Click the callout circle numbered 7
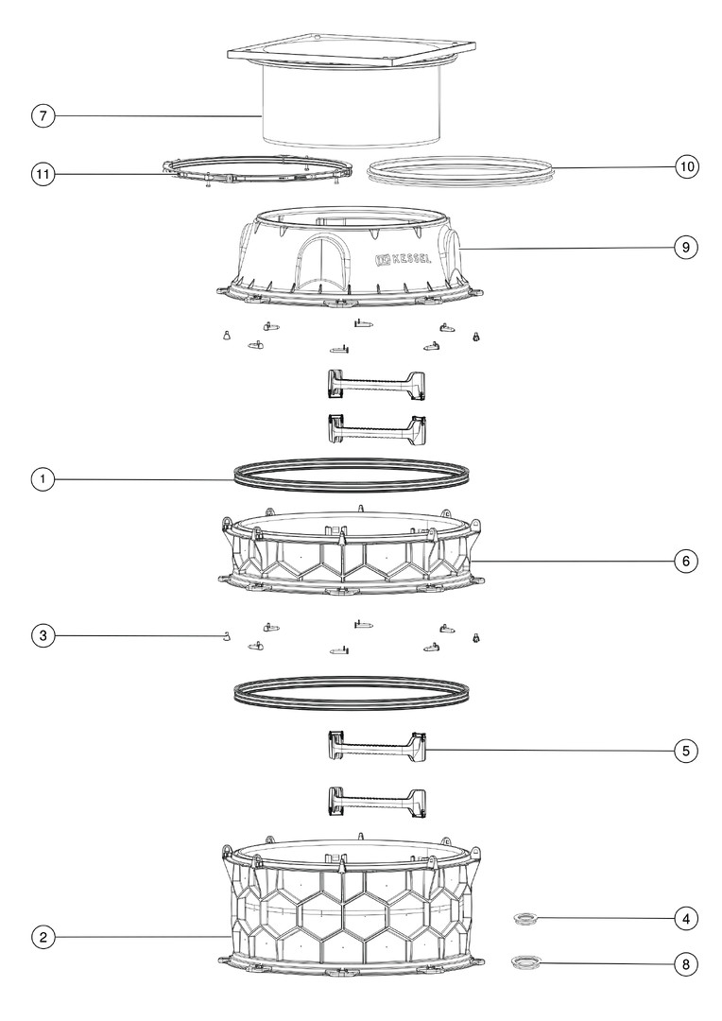43,116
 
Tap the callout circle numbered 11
43,175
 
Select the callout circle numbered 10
685,166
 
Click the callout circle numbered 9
685,248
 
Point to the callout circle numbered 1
43,480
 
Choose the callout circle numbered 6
685,561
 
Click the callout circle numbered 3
43,635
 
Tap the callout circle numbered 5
685,751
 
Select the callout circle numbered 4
685,919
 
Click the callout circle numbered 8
685,964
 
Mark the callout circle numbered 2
43,938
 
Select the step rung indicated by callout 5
376,744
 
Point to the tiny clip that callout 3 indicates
226,635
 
